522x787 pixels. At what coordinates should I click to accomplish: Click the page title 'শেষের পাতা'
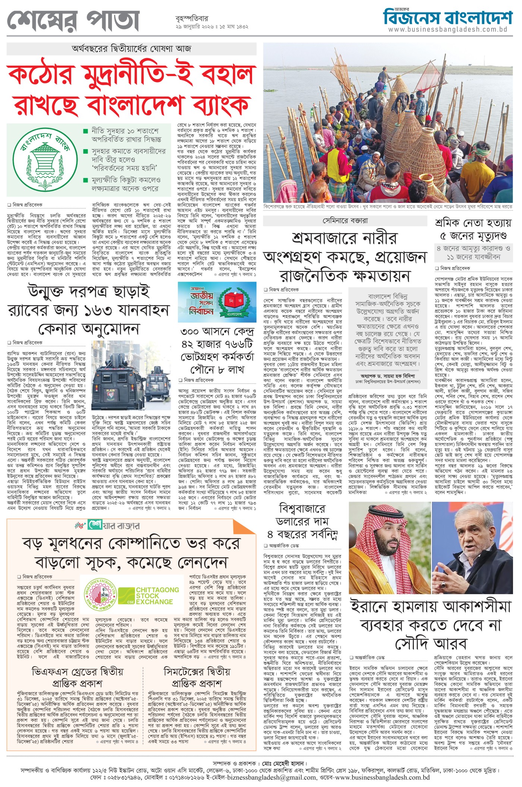tap(73, 22)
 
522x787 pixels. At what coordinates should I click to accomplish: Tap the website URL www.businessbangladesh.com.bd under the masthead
tap(447, 29)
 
